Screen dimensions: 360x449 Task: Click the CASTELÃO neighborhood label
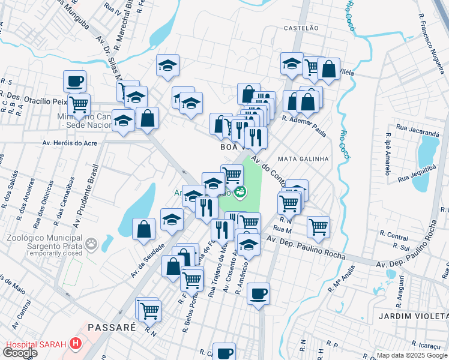(300, 28)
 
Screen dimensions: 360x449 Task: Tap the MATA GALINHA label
(304, 159)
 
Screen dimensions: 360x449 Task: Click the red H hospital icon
(76, 344)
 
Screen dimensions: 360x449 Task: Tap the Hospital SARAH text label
(36, 344)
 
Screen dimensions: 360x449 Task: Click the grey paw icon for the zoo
(91, 244)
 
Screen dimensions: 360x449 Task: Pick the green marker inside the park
(240, 192)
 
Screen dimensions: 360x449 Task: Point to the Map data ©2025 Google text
(411, 355)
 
